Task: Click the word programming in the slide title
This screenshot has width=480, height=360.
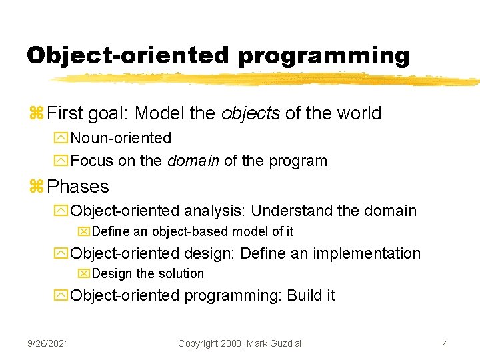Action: tap(323, 56)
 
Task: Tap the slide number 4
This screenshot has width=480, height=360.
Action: tap(445, 343)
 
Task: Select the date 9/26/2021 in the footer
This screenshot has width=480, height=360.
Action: tap(47, 343)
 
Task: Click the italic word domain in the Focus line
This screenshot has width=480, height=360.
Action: tap(193, 161)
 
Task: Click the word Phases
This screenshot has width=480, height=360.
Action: tap(79, 187)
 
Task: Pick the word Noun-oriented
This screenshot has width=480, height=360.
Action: tap(121, 138)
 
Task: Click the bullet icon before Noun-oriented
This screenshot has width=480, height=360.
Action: tap(63, 139)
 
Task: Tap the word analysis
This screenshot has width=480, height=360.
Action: tap(214, 211)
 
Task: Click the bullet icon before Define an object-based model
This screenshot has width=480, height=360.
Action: tap(83, 232)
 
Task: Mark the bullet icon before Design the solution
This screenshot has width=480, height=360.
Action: tap(83, 274)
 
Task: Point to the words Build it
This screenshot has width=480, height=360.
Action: tap(311, 295)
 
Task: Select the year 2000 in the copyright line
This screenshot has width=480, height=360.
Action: tap(226, 343)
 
